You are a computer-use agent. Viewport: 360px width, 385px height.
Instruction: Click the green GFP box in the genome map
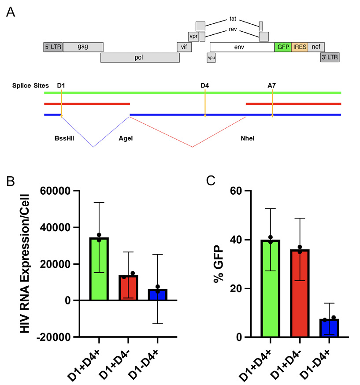[282, 47]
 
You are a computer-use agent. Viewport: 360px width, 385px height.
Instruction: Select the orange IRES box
[299, 47]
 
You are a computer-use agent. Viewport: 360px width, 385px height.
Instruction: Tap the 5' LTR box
[52, 47]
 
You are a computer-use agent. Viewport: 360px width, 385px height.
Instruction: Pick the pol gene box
[140, 58]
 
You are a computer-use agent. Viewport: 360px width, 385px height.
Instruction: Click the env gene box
[242, 47]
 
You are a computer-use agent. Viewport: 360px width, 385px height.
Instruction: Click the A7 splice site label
[272, 85]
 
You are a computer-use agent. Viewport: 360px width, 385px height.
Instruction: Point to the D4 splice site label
[204, 85]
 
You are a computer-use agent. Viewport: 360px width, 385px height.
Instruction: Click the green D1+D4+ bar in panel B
[99, 269]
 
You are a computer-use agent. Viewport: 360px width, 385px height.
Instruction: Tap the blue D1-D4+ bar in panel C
[329, 328]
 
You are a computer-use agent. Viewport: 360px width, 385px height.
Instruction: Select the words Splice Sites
[30, 85]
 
